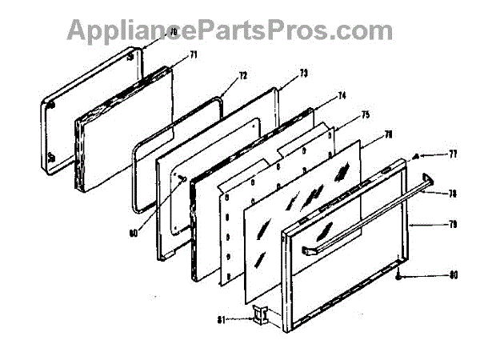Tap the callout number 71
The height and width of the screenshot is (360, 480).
click(193, 55)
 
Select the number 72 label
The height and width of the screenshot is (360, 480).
click(243, 76)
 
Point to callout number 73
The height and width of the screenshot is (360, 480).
click(303, 74)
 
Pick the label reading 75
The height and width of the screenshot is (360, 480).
click(365, 115)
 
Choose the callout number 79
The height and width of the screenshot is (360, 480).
click(452, 226)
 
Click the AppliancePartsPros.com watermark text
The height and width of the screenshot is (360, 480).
click(230, 30)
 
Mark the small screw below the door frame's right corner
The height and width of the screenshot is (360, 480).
click(398, 276)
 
